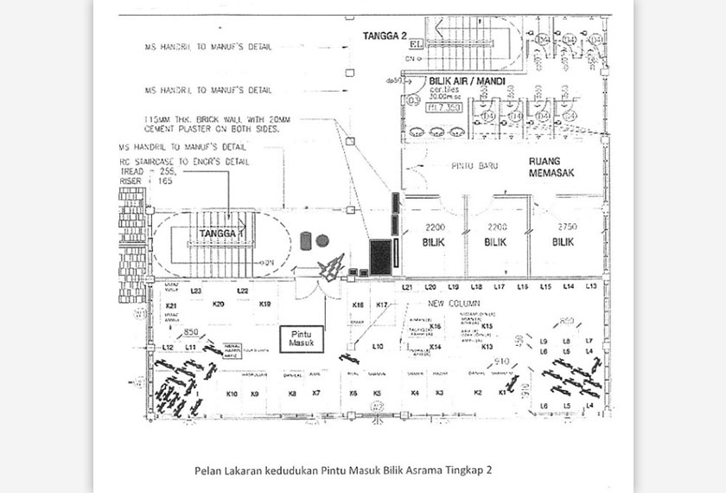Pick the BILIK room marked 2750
(x=565, y=234)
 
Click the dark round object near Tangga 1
(x=322, y=240)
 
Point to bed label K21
(x=171, y=306)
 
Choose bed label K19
(x=264, y=304)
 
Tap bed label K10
(x=232, y=394)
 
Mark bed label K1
(x=502, y=393)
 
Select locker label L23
(x=196, y=291)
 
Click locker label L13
(x=591, y=286)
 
